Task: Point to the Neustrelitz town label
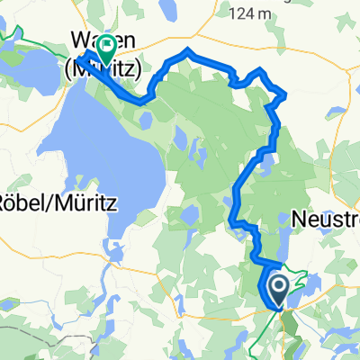tap(327, 218)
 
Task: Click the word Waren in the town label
tap(88, 40)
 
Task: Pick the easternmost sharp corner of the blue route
tap(286, 94)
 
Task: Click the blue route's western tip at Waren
tap(78, 58)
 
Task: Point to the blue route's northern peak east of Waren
tap(186, 49)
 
